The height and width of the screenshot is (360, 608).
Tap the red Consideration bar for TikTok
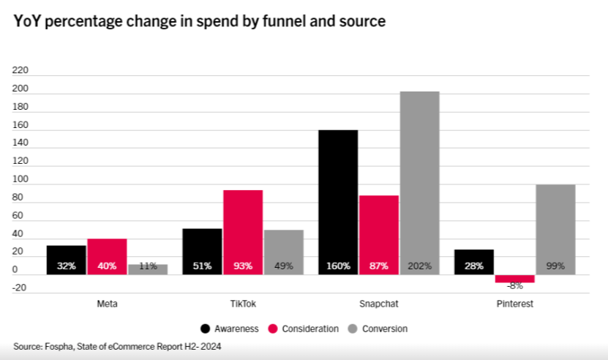point(242,230)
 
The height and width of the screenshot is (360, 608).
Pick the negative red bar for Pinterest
point(514,279)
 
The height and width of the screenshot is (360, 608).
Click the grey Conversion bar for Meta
point(148,269)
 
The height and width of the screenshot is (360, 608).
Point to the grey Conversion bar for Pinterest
point(555,227)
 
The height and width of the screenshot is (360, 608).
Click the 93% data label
point(242,266)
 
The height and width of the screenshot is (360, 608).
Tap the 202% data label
point(419,266)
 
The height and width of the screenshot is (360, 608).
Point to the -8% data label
point(514,286)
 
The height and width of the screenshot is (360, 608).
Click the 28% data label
point(473,266)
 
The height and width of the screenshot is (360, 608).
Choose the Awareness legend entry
point(229,329)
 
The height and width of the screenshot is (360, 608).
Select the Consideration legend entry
point(305,329)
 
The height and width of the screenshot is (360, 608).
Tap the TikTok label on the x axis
point(243,303)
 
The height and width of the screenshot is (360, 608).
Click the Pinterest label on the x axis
point(515,303)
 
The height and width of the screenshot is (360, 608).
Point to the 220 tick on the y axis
point(20,71)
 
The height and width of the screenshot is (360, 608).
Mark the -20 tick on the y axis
point(20,288)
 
